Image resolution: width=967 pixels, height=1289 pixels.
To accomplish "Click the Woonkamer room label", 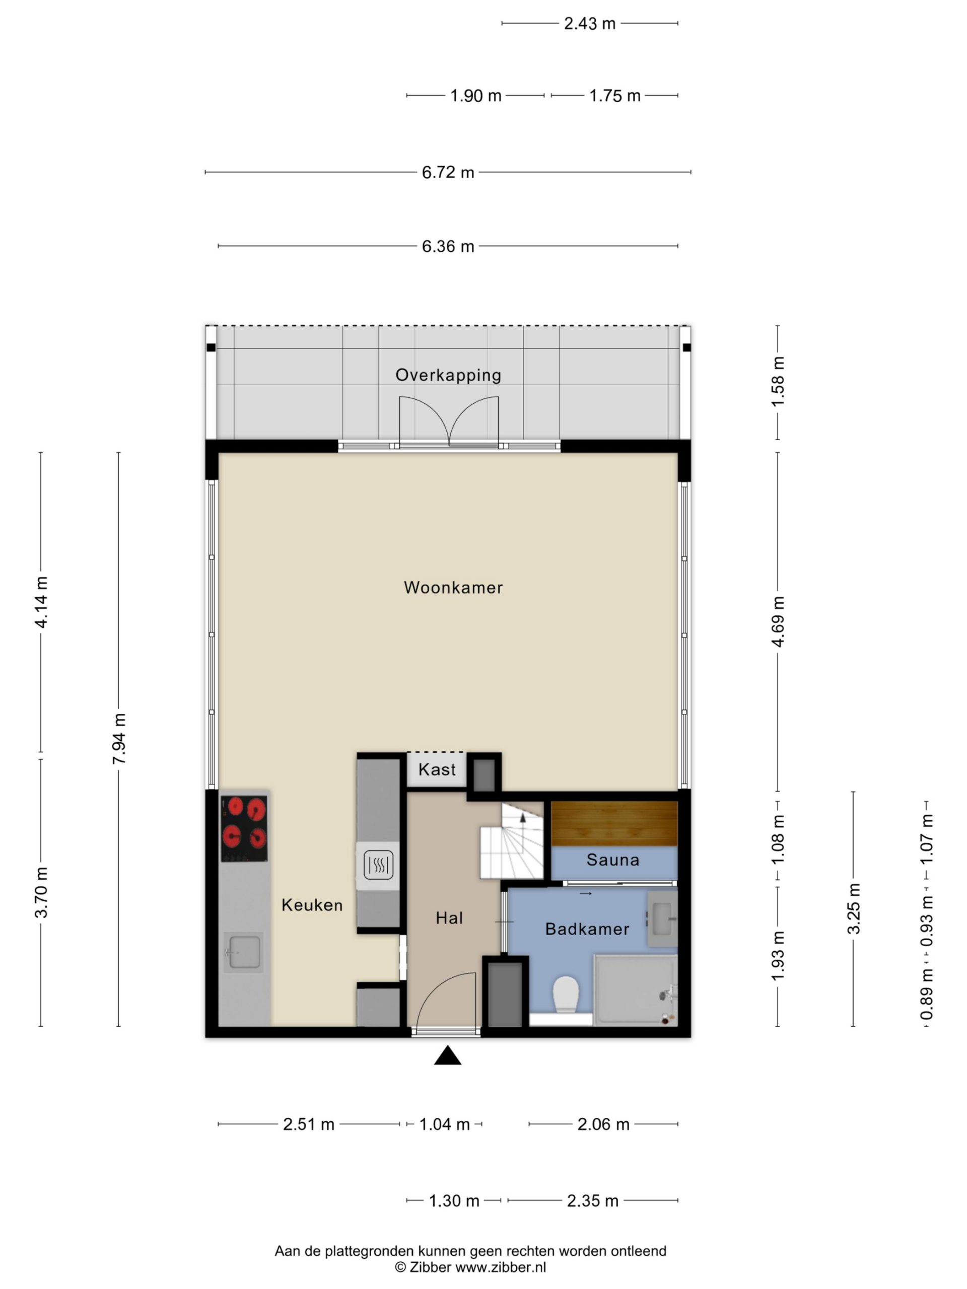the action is click(453, 588).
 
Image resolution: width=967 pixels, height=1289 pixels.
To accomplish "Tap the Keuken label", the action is click(312, 905).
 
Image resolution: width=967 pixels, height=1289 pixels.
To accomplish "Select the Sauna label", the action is click(612, 860).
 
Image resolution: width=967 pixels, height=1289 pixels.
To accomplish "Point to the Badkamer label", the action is click(587, 929).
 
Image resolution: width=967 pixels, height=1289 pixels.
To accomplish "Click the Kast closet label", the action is click(437, 770).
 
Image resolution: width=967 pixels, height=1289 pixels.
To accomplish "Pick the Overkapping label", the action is click(448, 375).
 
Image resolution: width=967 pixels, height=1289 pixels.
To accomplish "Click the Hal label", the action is click(449, 918).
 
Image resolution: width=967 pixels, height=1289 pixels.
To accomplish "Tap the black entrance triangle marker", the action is click(447, 1056).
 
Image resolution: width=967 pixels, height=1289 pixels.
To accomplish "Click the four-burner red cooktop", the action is click(244, 829).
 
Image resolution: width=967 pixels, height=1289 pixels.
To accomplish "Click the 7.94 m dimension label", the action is click(119, 738).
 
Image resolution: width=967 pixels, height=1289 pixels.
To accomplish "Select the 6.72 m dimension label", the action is click(448, 173).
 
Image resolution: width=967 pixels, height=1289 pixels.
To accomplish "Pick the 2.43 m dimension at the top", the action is click(589, 23).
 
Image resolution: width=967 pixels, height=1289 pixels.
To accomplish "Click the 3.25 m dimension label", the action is click(854, 909).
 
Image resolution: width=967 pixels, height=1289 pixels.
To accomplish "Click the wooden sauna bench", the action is click(614, 823).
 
